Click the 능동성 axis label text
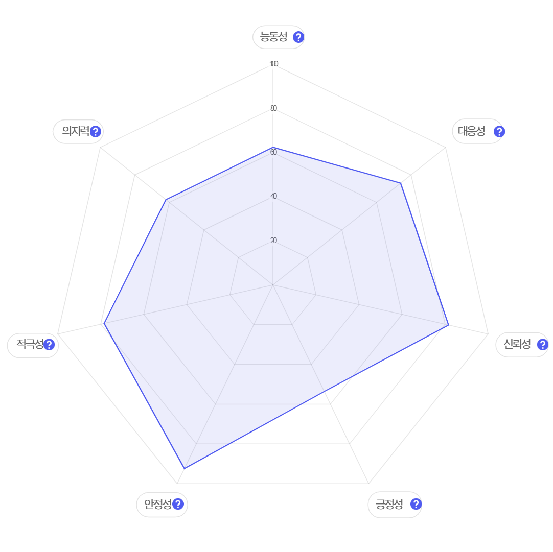point(273,37)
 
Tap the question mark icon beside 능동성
point(298,37)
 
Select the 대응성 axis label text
point(471,131)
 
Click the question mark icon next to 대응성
point(499,131)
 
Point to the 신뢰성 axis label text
point(517,344)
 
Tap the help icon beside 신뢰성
point(542,344)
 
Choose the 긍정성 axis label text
point(389,505)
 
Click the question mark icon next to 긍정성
point(416,505)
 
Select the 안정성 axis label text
point(157,505)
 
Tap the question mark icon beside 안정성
point(178,505)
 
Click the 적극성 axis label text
point(29,344)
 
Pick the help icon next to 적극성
point(49,344)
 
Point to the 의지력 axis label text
point(75,131)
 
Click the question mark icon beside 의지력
point(95,131)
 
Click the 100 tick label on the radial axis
point(273,64)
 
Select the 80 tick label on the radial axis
point(273,108)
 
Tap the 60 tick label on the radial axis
point(273,152)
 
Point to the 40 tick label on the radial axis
point(273,196)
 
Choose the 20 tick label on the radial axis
point(273,241)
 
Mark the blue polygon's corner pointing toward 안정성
point(185,468)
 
